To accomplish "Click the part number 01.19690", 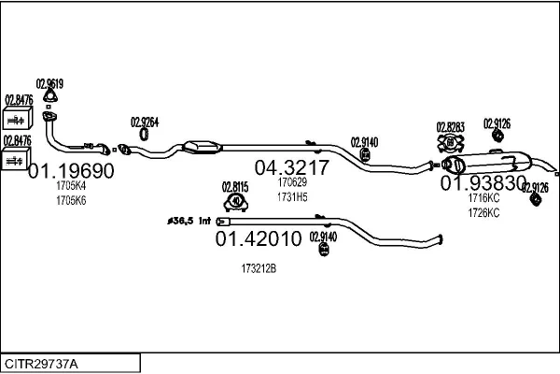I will pos(72,171).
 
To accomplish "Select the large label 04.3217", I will pos(292,167).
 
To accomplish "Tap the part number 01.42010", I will pos(259,239).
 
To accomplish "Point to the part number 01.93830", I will pos(483,183).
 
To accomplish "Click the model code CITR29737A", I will pos(43,363).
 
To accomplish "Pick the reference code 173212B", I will pos(259,268).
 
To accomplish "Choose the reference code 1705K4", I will pos(71,187).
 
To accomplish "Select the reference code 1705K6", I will pos(71,200).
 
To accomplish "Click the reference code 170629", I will pos(292,183).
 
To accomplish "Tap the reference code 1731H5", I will pos(292,196).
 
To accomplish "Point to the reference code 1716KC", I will pos(483,198).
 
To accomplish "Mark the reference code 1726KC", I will pos(483,212).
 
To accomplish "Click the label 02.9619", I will pos(49,82).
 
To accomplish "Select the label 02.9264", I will pos(145,121).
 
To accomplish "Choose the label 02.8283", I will pos(451,125).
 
